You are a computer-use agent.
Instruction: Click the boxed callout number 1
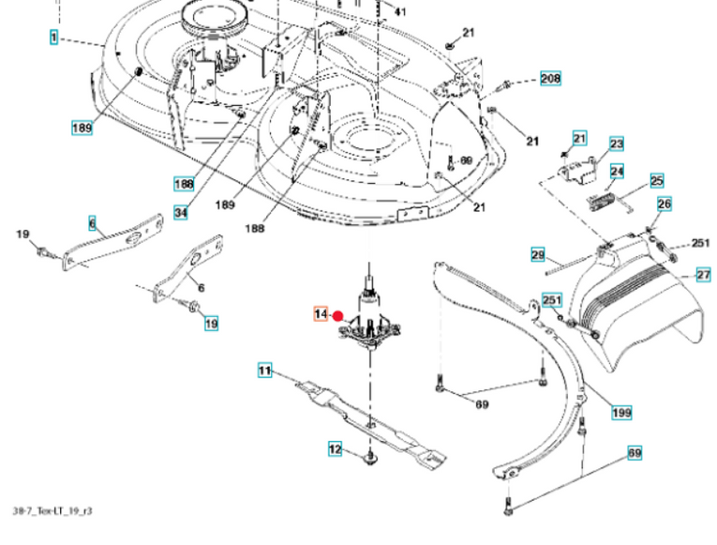point(53,38)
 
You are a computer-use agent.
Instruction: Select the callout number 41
point(400,12)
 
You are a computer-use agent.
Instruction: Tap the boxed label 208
point(550,79)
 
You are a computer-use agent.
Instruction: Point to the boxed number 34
point(181,214)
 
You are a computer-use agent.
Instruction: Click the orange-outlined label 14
point(321,313)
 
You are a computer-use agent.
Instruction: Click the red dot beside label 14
point(339,319)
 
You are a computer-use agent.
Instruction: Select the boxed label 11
point(265,371)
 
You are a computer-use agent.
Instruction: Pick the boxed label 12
point(335,449)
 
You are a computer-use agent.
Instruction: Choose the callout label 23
point(616,144)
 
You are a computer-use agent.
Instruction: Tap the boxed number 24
point(617,171)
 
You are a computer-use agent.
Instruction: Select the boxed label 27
point(702,275)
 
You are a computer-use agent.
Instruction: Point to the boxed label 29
point(537,254)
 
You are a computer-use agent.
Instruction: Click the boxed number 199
point(621,412)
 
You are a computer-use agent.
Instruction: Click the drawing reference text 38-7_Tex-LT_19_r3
point(52,511)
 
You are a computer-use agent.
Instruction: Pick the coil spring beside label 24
point(600,198)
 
